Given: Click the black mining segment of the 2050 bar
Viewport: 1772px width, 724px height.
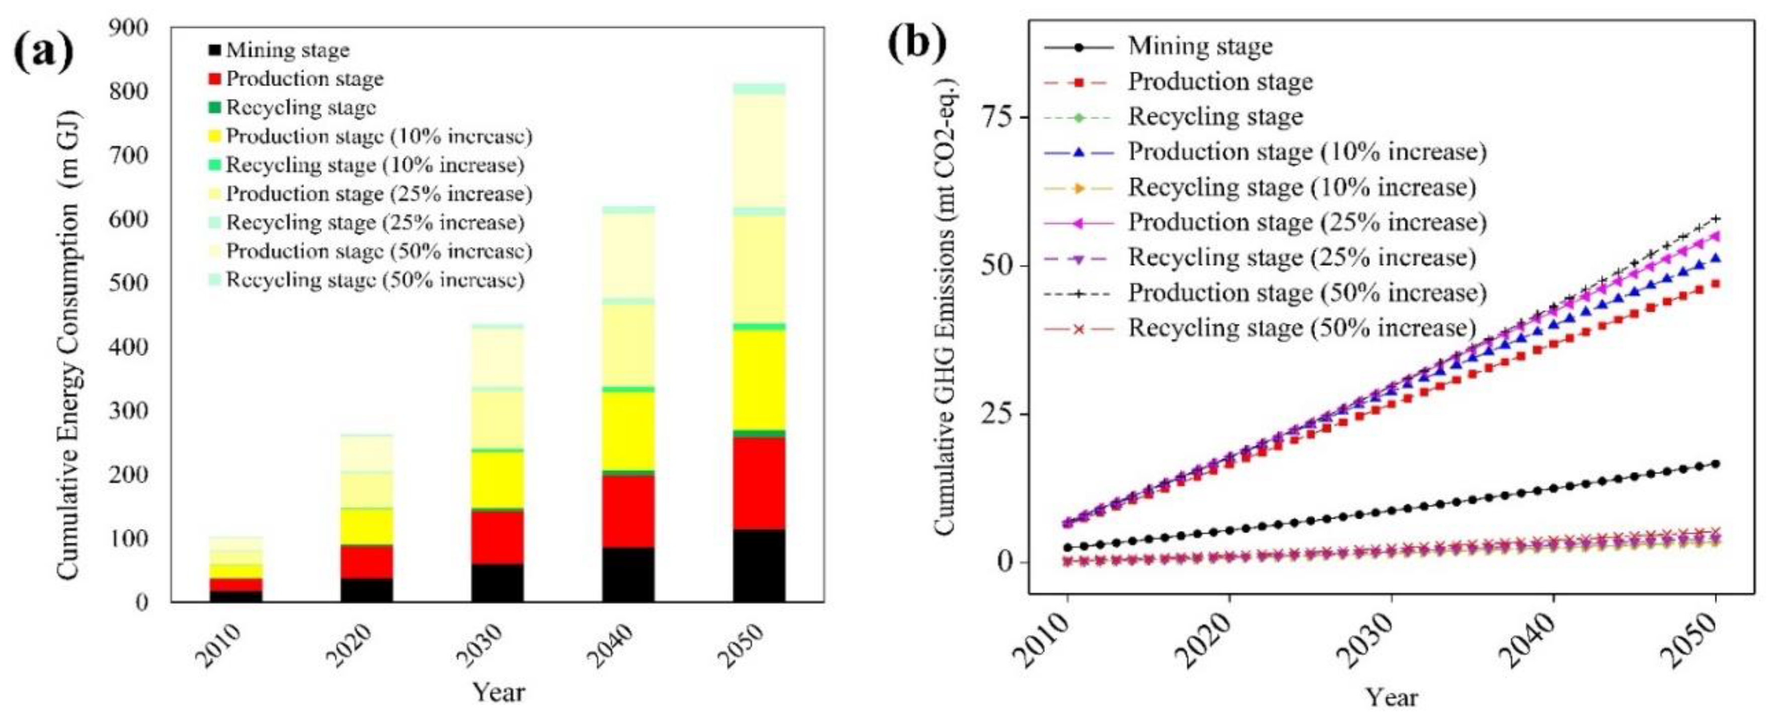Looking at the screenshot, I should click(x=759, y=565).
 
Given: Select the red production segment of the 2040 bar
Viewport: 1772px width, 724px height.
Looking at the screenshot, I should click(x=628, y=511).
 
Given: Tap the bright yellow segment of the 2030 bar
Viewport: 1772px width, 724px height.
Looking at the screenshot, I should click(x=498, y=479).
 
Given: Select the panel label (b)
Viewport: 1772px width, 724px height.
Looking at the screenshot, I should click(x=917, y=43).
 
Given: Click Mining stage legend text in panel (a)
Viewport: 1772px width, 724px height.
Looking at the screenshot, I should click(x=288, y=50).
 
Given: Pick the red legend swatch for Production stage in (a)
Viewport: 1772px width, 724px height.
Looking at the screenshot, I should click(x=215, y=79).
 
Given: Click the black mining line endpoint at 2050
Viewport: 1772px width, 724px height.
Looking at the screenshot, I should click(x=1715, y=464).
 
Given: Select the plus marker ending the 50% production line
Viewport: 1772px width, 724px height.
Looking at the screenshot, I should click(x=1715, y=219).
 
